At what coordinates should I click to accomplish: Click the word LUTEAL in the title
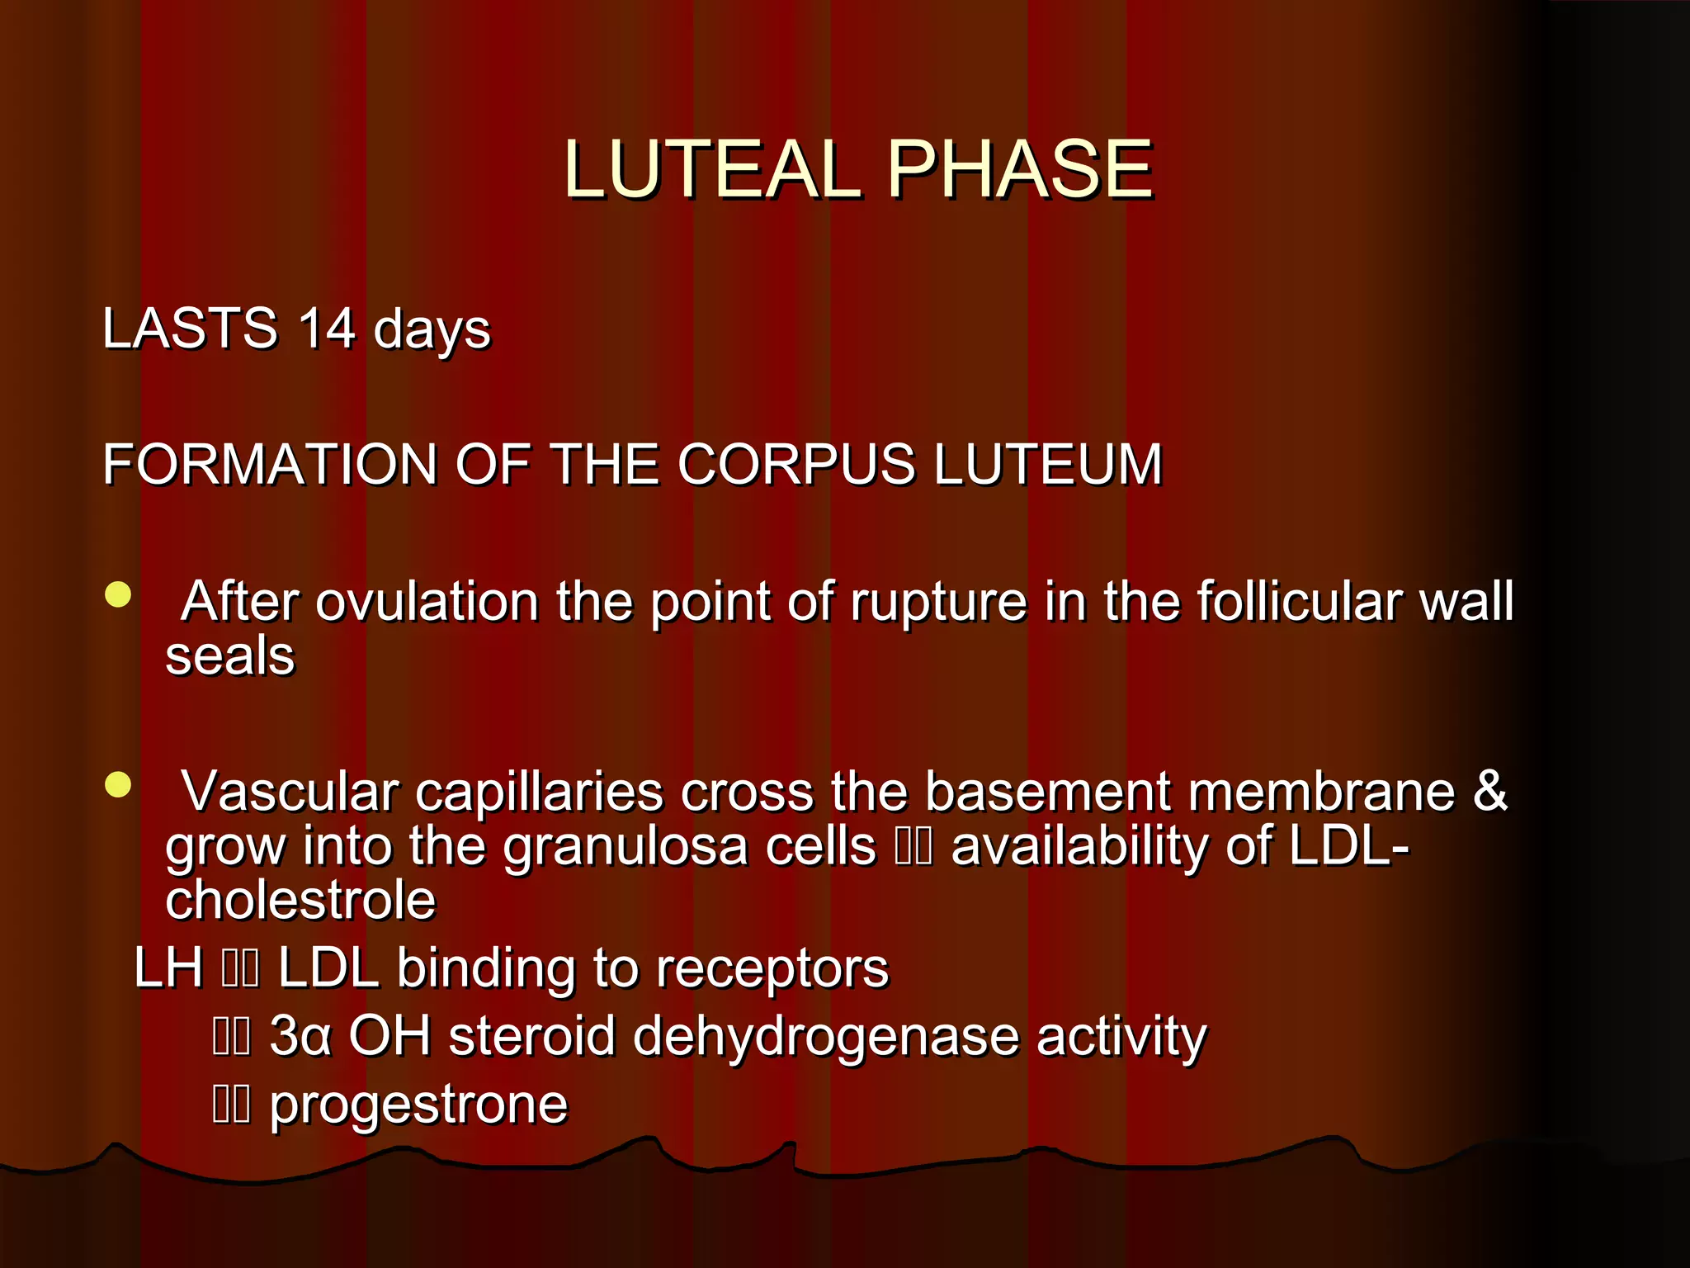coord(711,169)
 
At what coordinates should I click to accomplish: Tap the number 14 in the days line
coord(327,328)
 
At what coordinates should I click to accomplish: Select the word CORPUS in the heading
coord(796,463)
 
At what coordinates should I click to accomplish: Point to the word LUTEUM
coord(1048,463)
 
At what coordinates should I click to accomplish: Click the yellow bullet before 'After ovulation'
coord(118,594)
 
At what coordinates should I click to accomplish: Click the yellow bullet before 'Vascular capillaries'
coord(118,784)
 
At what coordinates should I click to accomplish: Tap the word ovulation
coord(427,600)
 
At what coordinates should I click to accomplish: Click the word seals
coord(229,656)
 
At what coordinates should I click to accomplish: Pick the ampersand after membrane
coord(1490,791)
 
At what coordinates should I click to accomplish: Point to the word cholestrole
coord(300,901)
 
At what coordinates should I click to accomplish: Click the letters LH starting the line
coord(168,968)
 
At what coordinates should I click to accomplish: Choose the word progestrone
coord(418,1105)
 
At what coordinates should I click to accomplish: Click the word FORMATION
coord(269,463)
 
